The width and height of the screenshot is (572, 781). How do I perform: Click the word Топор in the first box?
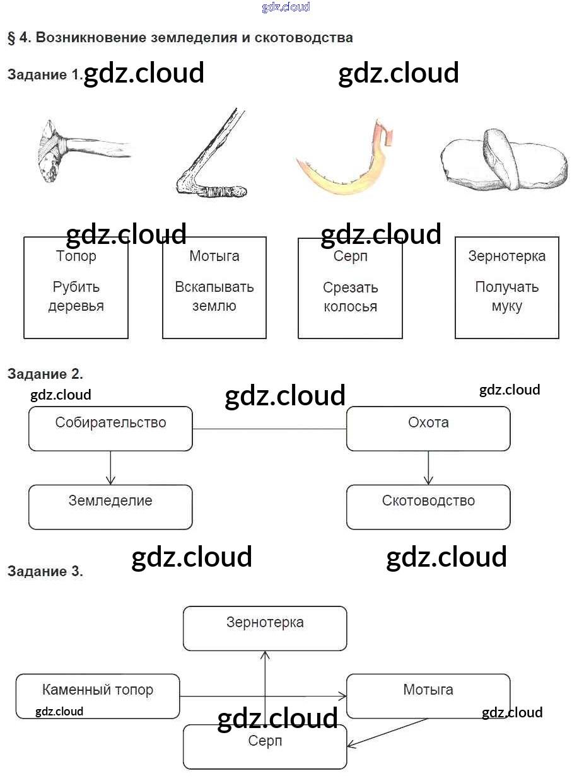point(76,257)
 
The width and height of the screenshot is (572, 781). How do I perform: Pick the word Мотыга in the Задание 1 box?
point(214,257)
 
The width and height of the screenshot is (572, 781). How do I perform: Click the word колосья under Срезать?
point(350,307)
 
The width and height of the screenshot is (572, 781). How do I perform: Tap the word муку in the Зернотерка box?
point(506,307)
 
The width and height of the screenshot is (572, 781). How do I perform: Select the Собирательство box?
point(110,429)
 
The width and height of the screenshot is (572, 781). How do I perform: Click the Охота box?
point(428,429)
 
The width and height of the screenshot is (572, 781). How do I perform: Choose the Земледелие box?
point(110,507)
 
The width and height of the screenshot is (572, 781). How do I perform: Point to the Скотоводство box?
point(428,507)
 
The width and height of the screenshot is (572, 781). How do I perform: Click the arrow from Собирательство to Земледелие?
point(110,468)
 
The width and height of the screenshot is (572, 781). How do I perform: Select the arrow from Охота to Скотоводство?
point(428,468)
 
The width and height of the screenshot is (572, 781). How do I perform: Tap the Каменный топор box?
point(98,696)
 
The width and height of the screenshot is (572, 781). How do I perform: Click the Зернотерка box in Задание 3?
point(265,628)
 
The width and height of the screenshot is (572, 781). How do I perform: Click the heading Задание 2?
point(45,374)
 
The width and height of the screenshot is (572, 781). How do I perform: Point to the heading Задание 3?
point(45,572)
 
